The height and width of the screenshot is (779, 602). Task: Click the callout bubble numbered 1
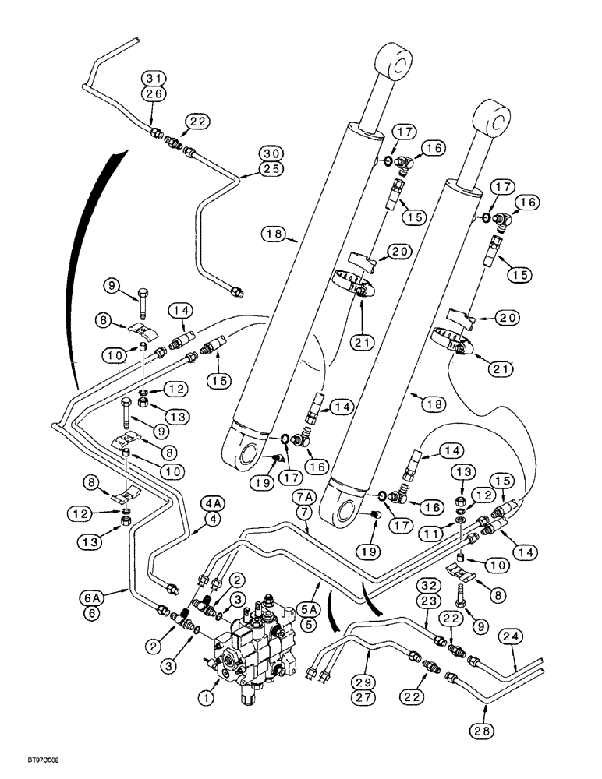click(206, 699)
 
